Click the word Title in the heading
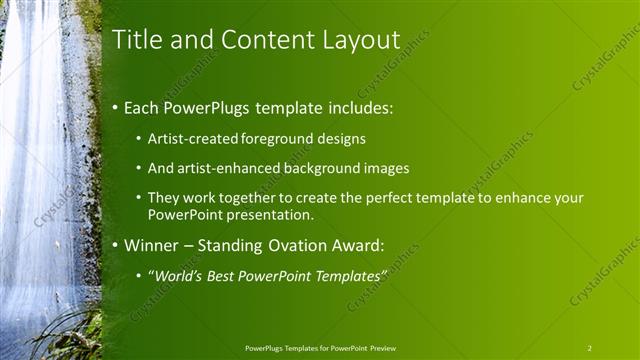pyautogui.click(x=136, y=40)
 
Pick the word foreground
pyautogui.click(x=277, y=139)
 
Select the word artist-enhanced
pyautogui.click(x=226, y=168)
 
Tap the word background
pyautogui.click(x=323, y=168)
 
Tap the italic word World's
pyautogui.click(x=178, y=275)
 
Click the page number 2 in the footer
pyautogui.click(x=590, y=348)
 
